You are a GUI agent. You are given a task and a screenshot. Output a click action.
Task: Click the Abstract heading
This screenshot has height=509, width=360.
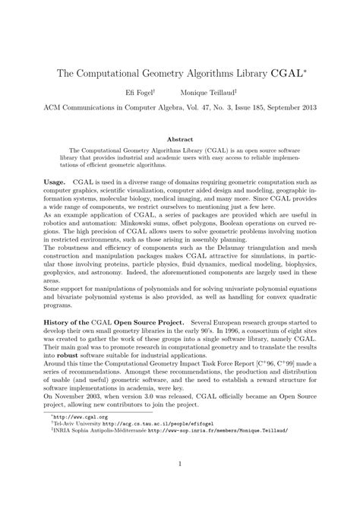pyautogui.click(x=180, y=139)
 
